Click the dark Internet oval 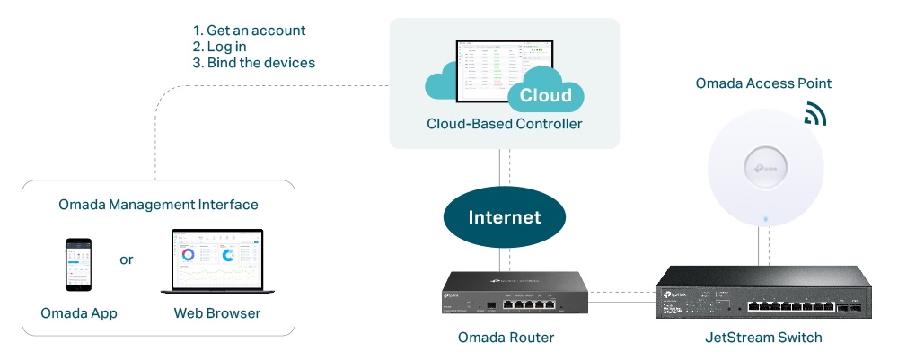[x=504, y=217]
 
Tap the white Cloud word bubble [x=545, y=96]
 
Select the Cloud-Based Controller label [x=504, y=124]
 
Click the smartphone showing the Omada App [x=78, y=264]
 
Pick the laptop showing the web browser [x=218, y=262]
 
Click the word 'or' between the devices [x=127, y=259]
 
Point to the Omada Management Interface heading [x=158, y=205]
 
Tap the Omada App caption [x=79, y=313]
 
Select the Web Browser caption [x=217, y=313]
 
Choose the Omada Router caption [x=506, y=338]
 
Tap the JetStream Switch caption [x=764, y=338]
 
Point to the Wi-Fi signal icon [x=814, y=114]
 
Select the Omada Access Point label [x=763, y=83]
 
